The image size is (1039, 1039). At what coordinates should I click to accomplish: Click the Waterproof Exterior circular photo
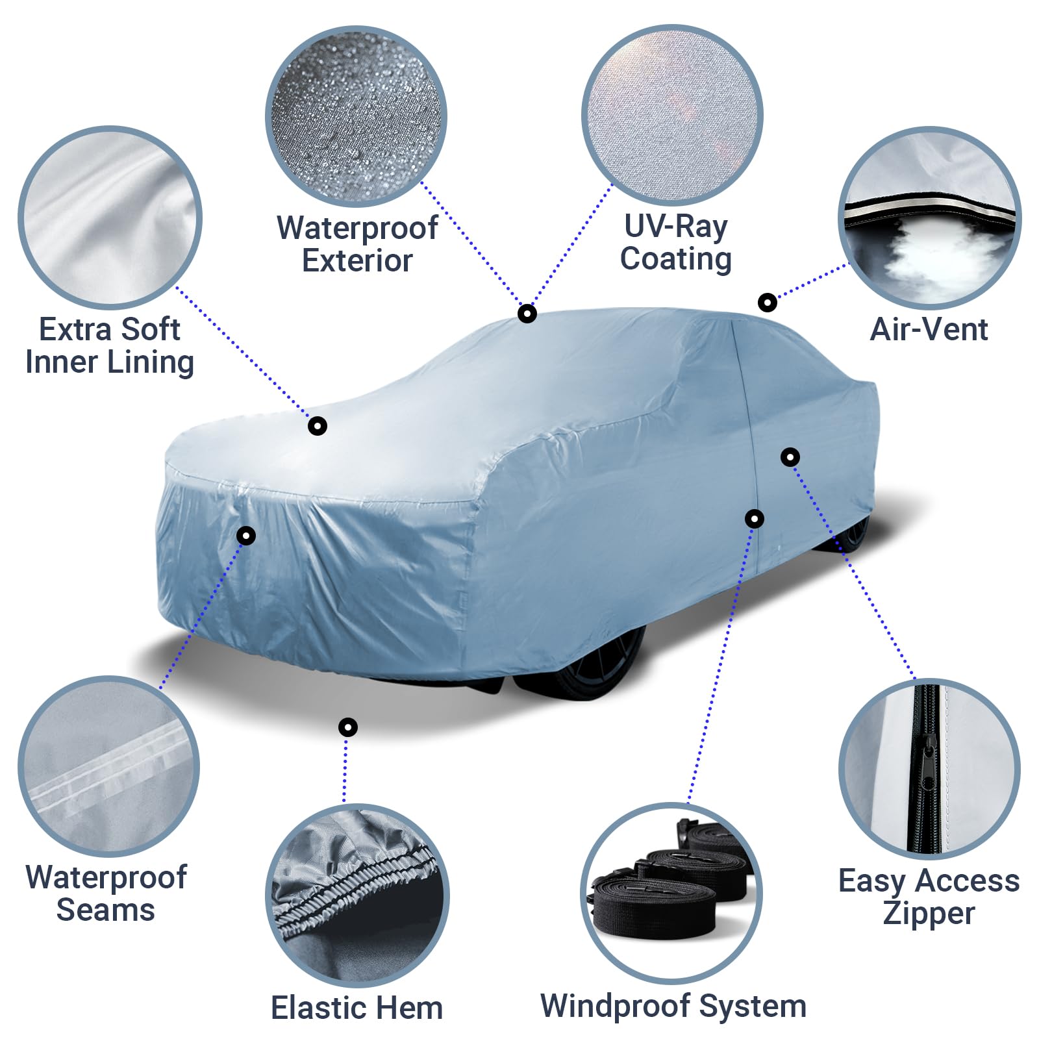[x=356, y=117]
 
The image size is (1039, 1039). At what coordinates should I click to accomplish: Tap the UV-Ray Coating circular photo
[x=672, y=116]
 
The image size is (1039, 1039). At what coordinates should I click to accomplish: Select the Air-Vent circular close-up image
[x=929, y=218]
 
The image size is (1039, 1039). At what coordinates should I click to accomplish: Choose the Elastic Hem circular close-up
[x=357, y=895]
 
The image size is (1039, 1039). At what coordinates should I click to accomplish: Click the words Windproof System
[x=673, y=1006]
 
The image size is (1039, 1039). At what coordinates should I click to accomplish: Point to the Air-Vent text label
[x=929, y=329]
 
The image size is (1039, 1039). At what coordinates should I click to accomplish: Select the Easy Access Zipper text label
[x=929, y=896]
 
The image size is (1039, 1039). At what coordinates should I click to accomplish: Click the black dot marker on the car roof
[x=527, y=314]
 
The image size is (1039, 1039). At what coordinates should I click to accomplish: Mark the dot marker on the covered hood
[x=317, y=426]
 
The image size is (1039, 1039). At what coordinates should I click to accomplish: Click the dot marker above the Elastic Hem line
[x=348, y=727]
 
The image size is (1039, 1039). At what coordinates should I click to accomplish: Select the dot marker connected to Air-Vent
[x=768, y=303]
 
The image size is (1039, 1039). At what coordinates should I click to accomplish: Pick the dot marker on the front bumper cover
[x=245, y=536]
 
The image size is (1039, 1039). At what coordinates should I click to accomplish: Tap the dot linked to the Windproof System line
[x=754, y=519]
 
